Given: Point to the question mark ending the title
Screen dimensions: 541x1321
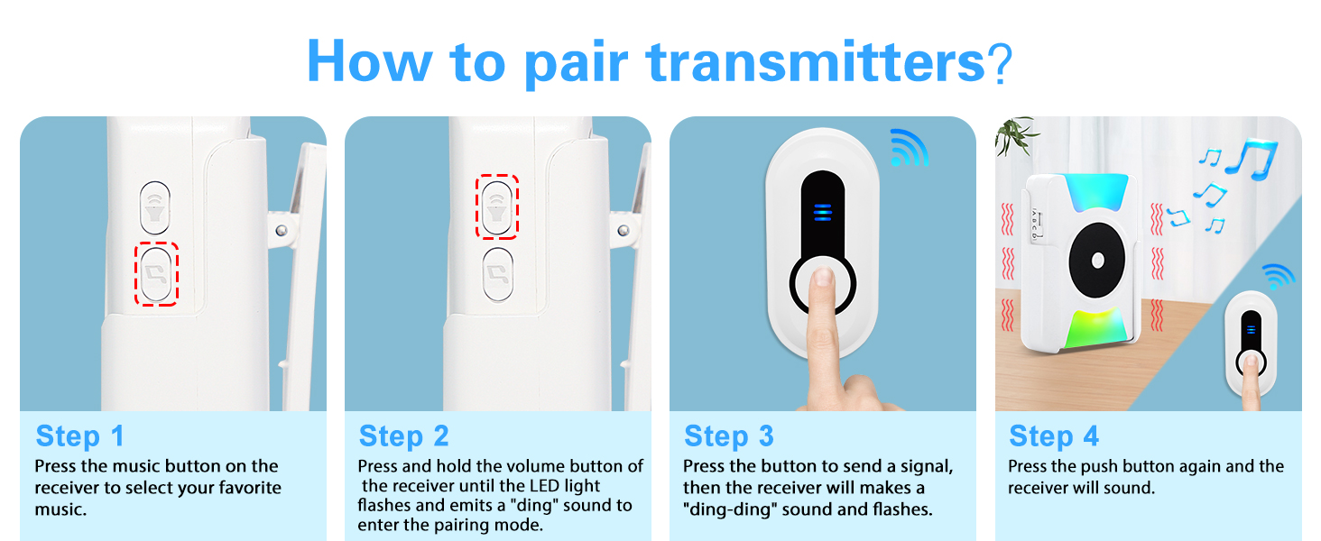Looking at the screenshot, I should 1000,61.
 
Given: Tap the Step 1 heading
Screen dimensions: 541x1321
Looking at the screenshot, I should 79,436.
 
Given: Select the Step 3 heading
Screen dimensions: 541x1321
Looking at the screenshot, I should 729,436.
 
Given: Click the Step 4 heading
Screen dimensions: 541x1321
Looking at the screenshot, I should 1053,436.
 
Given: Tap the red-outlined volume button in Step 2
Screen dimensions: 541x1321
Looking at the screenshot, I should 496,206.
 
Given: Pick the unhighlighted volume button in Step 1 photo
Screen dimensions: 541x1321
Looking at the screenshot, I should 156,206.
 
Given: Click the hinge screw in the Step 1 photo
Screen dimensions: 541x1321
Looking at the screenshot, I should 282,231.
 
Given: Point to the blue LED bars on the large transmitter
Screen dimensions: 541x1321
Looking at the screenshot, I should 822,212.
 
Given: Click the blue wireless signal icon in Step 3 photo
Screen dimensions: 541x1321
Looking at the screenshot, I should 908,148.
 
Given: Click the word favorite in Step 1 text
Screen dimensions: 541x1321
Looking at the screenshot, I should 224,488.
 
